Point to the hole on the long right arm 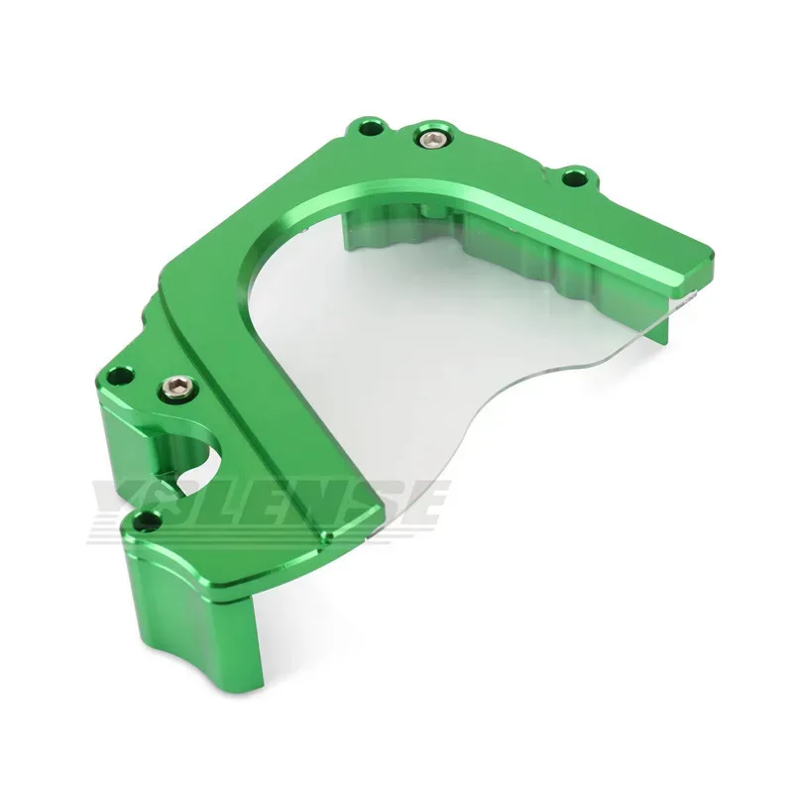574,178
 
